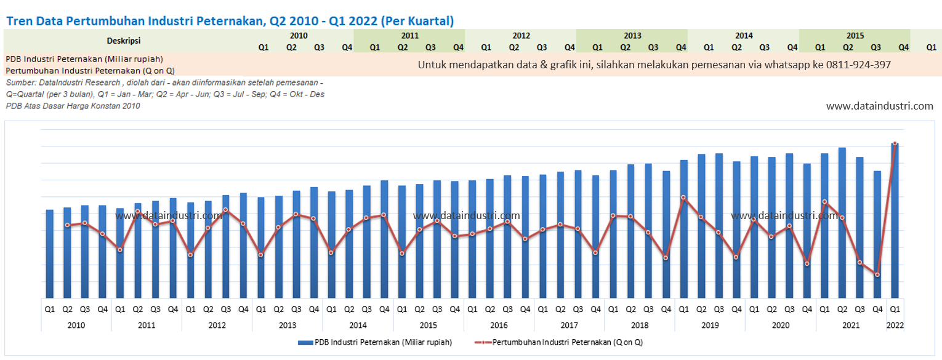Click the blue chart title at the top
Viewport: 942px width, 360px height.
[x=230, y=21]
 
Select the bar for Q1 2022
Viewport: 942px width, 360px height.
[x=895, y=222]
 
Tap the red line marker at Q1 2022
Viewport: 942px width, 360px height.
[x=895, y=143]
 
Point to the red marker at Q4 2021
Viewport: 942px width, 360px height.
[x=877, y=274]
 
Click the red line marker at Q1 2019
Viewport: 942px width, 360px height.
[x=683, y=198]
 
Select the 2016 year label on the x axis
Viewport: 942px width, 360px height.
[x=499, y=324]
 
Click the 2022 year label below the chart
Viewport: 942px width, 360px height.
[x=895, y=324]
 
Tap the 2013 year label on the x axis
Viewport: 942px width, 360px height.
[x=288, y=324]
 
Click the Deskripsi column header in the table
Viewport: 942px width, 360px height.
[x=124, y=41]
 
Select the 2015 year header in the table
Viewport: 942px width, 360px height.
[x=855, y=36]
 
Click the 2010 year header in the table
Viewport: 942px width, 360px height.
[x=299, y=36]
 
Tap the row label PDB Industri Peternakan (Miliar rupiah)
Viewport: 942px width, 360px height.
[x=84, y=59]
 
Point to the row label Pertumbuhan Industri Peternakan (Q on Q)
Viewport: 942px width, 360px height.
[x=90, y=70]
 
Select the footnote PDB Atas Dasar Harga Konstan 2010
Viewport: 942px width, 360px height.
[x=73, y=106]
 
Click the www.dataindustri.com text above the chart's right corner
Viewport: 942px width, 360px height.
[x=879, y=106]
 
